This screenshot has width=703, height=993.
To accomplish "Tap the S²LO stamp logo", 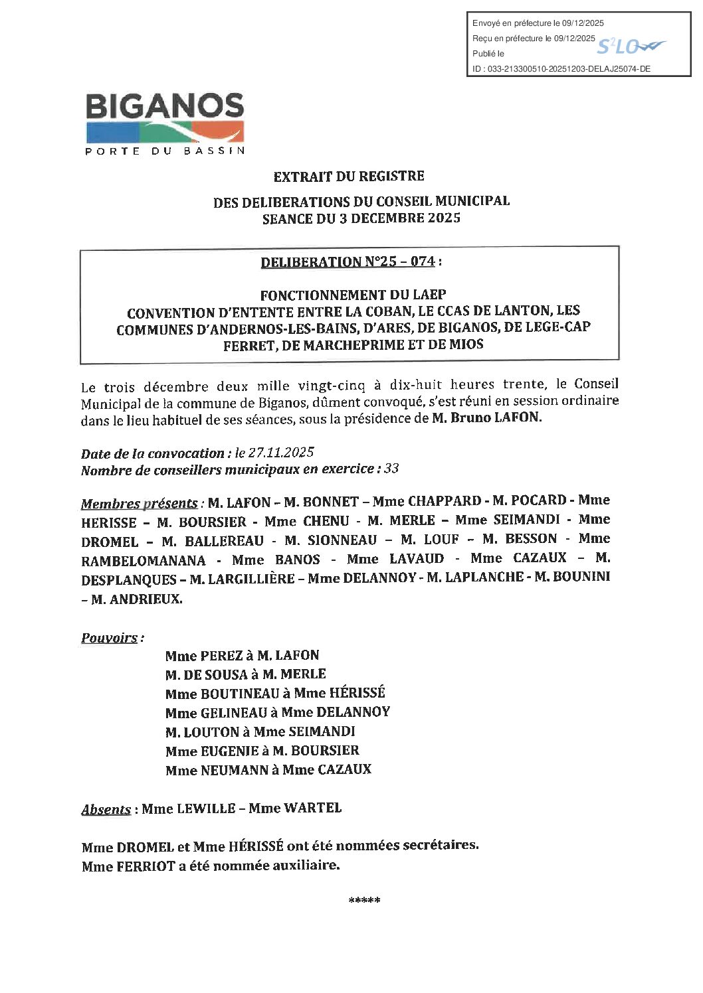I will (630, 46).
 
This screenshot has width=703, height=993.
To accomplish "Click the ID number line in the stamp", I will (561, 68).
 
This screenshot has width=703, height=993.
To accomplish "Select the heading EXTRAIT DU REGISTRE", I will (349, 177).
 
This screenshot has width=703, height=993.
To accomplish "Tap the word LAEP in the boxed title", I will (429, 295).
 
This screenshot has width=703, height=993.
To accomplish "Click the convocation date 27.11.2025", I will (280, 453).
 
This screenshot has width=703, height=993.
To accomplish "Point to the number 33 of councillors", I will (391, 469).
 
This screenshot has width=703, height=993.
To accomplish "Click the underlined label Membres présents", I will (139, 504).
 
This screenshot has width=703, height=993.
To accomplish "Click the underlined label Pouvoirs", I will (110, 639).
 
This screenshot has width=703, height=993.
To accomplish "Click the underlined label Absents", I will (106, 810).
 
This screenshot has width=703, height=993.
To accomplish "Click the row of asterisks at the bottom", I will (364, 901).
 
